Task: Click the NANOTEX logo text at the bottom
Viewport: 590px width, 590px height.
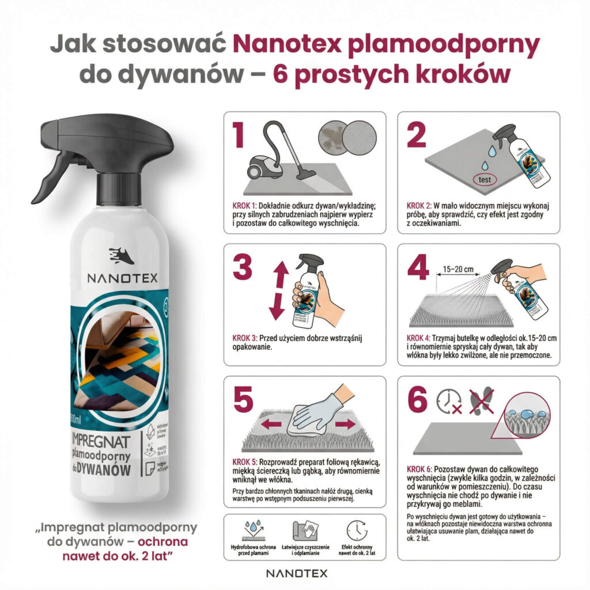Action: pos(296,573)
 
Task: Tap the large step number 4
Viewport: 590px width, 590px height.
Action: pos(419,269)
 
